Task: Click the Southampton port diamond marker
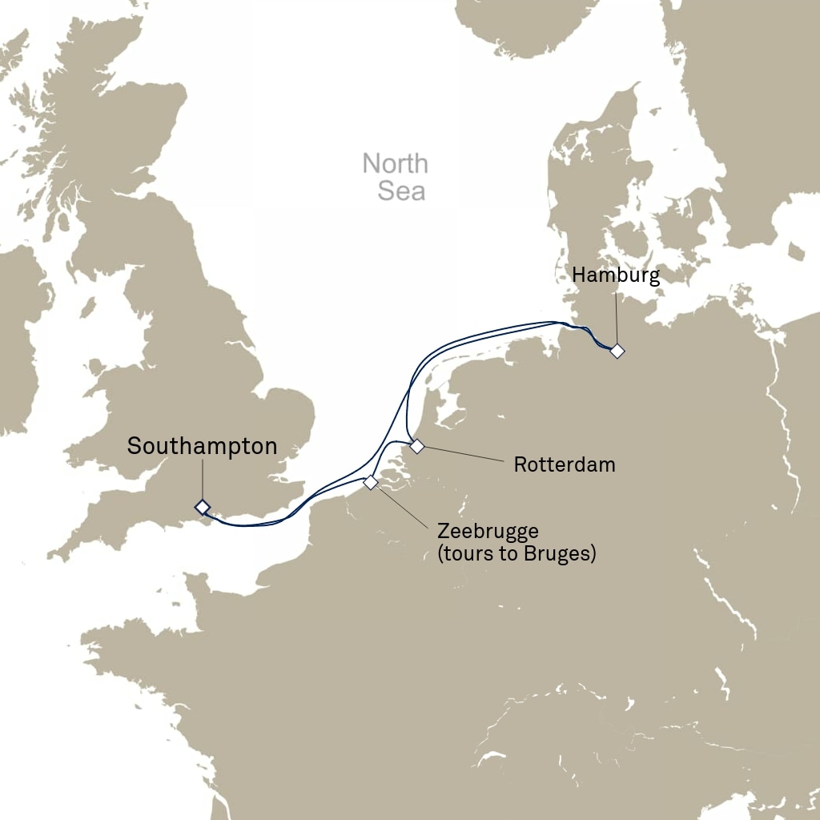(x=202, y=506)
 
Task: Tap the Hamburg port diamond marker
(x=617, y=351)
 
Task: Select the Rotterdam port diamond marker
(x=416, y=446)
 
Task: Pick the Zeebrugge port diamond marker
(x=370, y=482)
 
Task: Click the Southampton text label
(x=202, y=447)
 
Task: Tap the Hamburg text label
(x=616, y=275)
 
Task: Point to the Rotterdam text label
(x=565, y=464)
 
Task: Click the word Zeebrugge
(x=488, y=532)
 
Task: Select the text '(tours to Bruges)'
(x=517, y=553)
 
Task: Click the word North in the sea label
(x=395, y=164)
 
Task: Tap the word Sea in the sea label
(x=400, y=191)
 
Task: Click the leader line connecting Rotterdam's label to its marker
(x=464, y=454)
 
